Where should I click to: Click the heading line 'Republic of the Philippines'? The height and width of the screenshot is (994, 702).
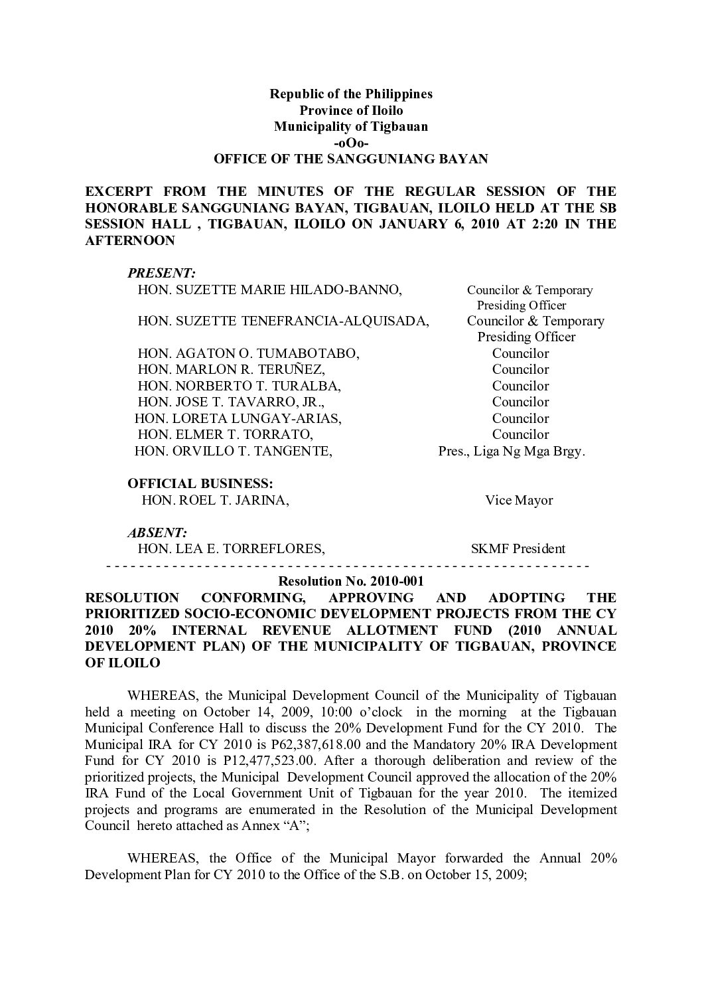[x=350, y=94]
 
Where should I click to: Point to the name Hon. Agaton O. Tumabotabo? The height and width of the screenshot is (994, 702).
[x=248, y=353]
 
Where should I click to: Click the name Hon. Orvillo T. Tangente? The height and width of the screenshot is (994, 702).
[x=234, y=451]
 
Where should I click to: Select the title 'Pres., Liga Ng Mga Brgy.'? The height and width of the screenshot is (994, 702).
[x=512, y=451]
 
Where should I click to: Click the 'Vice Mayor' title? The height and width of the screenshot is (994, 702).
[x=519, y=500]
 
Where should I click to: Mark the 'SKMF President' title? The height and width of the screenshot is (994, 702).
[x=518, y=548]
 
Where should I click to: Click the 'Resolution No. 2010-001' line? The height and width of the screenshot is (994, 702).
[x=352, y=580]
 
